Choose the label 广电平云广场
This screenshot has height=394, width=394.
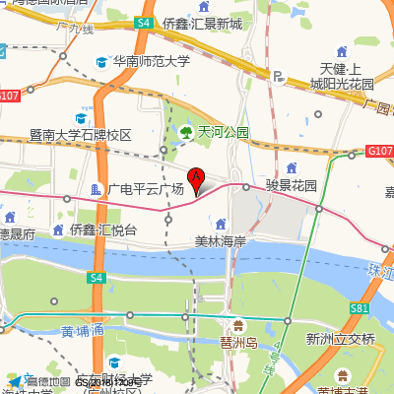pos(146,188)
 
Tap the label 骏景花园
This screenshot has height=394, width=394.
pos(292,184)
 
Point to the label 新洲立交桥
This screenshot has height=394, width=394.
pos(341,339)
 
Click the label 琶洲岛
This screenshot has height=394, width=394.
pos(238,342)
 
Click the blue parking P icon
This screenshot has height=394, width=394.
pos(279,75)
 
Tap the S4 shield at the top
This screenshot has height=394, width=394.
pos(144,22)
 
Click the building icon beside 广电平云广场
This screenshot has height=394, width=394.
pos(96,188)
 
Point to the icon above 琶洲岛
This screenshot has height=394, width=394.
pos(237,325)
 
